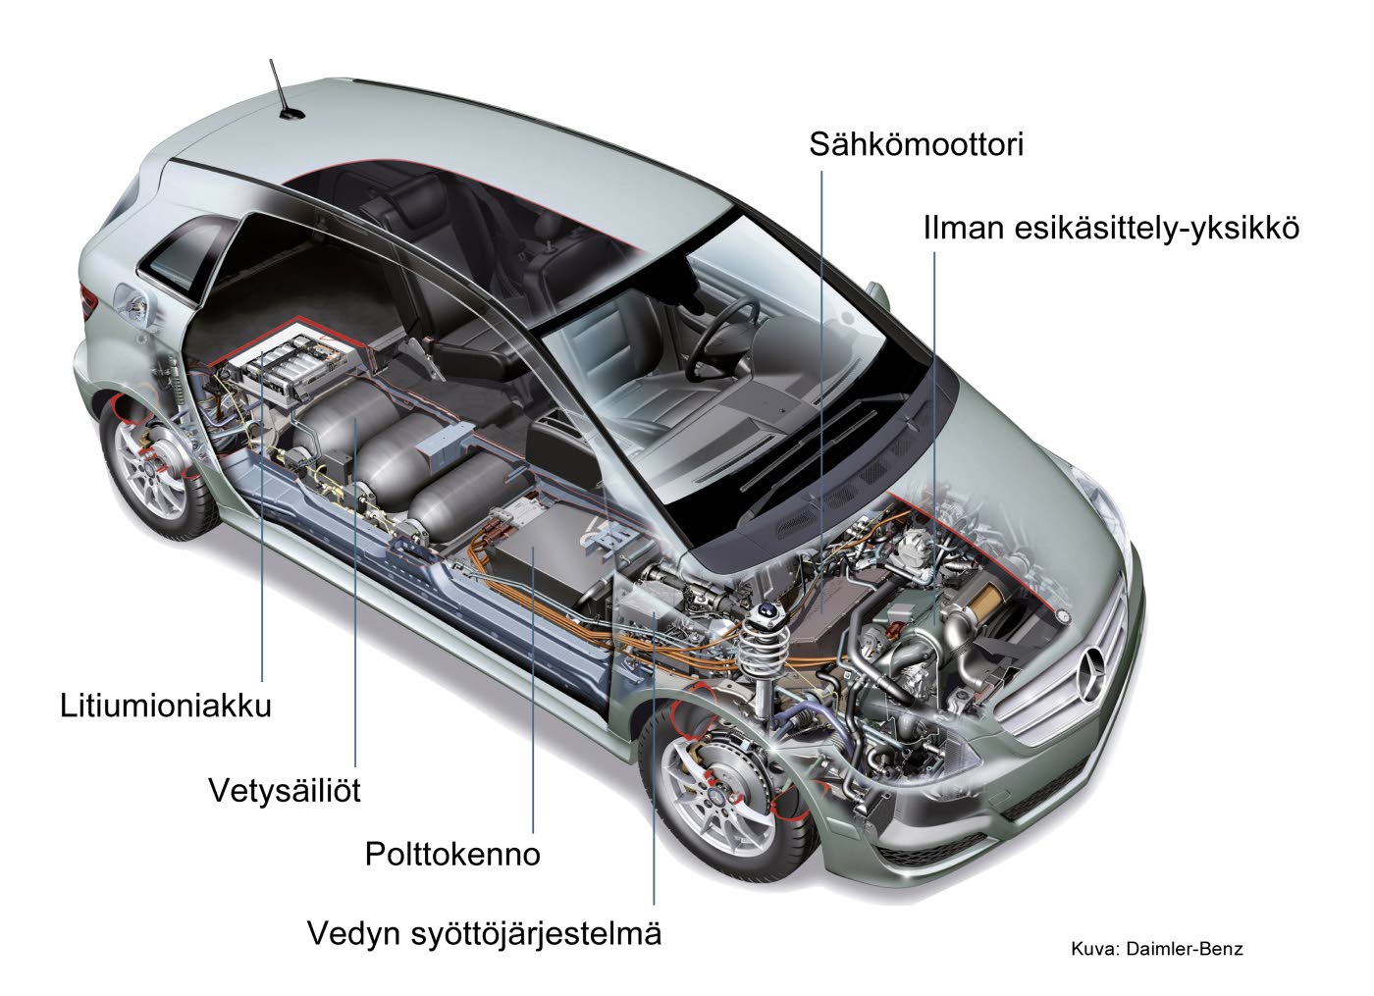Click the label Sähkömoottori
[x=916, y=145]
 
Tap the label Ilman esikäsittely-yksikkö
[x=1111, y=228]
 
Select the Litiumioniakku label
[x=166, y=706]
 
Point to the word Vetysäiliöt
[x=285, y=790]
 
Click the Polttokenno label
[x=452, y=854]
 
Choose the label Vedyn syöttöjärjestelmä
[x=485, y=934]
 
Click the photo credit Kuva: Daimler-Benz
[x=1157, y=949]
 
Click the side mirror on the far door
[x=878, y=296]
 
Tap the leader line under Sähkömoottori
[x=821, y=392]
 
